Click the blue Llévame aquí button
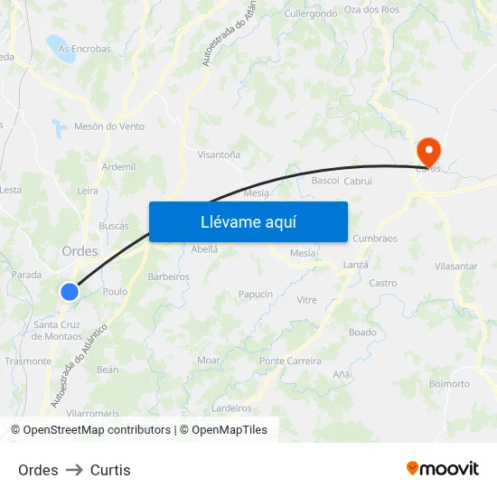248,221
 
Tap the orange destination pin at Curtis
427,151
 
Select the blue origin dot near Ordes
70,291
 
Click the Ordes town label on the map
80,251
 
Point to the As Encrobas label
84,49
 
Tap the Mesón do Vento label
109,127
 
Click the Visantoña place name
219,155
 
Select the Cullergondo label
310,14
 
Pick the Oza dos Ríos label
371,10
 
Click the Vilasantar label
455,267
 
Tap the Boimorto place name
449,384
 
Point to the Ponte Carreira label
290,361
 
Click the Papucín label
255,295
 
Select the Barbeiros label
168,277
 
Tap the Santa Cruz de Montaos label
57,330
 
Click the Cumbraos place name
375,239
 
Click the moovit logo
442,468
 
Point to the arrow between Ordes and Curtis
74,470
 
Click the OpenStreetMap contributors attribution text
97,430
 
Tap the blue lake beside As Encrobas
61,50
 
